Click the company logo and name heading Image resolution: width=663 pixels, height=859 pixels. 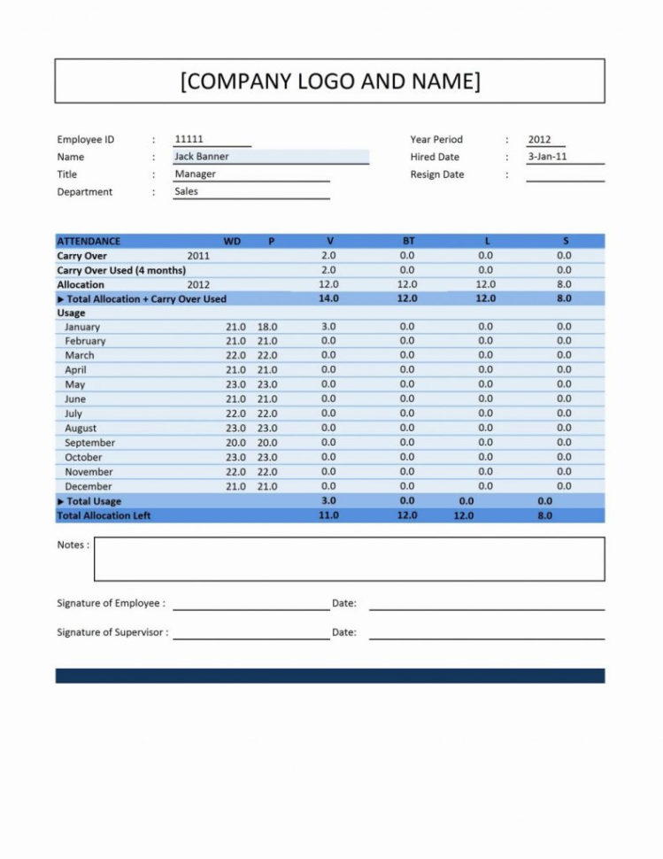[x=330, y=81]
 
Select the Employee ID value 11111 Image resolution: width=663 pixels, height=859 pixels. [x=189, y=139]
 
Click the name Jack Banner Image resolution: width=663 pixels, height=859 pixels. [x=202, y=157]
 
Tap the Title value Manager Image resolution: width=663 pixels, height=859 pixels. [x=195, y=174]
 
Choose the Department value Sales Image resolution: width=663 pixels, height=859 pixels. [x=187, y=191]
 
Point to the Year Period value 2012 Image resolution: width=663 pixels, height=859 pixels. [x=539, y=139]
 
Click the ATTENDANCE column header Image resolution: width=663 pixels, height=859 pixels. [x=89, y=241]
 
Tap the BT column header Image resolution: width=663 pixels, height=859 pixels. [x=407, y=241]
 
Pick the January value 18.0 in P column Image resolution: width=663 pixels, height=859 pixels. [x=267, y=327]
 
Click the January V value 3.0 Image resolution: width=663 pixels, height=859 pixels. [x=328, y=327]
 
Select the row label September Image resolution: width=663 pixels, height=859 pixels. [x=89, y=443]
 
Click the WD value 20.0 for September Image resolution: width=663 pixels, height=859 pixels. [x=235, y=443]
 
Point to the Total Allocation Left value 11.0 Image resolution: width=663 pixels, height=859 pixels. [x=328, y=515]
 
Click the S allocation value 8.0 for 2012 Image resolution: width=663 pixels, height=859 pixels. [x=564, y=284]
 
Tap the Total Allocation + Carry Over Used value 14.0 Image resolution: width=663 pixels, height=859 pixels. [x=328, y=299]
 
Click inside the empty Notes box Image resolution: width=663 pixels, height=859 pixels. [x=349, y=559]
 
